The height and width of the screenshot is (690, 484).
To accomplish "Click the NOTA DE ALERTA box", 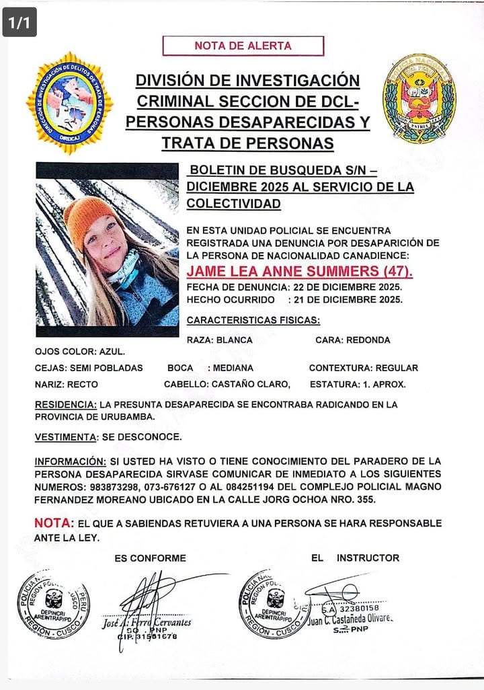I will point(243,46).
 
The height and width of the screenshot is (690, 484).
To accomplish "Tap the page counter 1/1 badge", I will point(19,22).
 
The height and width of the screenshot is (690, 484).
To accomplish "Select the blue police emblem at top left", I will point(69,103).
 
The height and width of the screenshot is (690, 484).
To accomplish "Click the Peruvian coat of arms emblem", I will point(419,99).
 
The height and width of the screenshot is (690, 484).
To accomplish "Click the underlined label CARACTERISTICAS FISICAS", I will point(253,319).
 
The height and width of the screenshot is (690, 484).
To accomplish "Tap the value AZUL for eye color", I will point(112,351).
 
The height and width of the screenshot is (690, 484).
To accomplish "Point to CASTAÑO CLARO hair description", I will point(251,384).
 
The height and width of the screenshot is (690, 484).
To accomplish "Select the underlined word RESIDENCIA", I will point(65,404).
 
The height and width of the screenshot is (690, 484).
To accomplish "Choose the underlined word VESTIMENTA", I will point(65,436).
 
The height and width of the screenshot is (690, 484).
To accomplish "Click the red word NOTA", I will point(53,523).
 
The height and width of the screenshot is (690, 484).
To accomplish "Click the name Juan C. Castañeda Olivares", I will point(351,618).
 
